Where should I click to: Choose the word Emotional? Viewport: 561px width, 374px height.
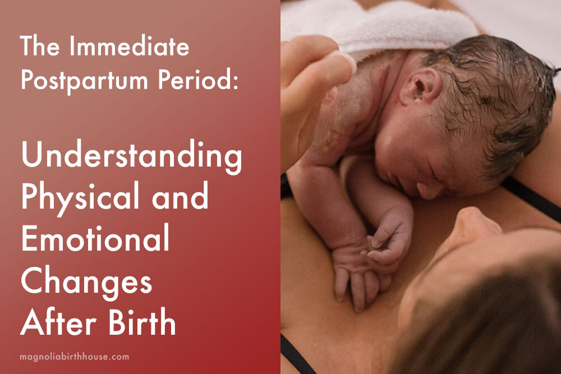[95, 239]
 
